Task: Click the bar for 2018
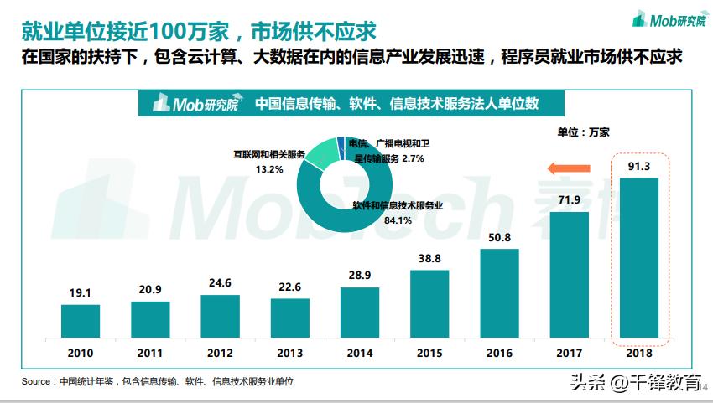(x=639, y=256)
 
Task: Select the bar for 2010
(x=81, y=320)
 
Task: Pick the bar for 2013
(x=290, y=317)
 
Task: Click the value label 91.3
(x=639, y=166)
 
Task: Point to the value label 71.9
(x=570, y=199)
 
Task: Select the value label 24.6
(x=220, y=283)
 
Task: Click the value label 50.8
(x=499, y=238)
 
